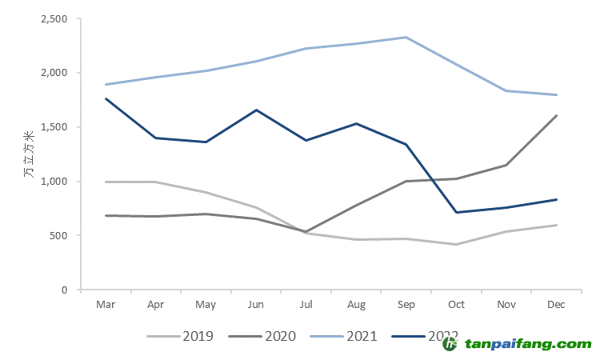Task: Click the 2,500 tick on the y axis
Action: tap(54, 18)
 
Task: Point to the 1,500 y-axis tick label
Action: tap(54, 127)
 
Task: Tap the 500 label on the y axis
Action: tap(59, 235)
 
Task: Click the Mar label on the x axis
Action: tap(106, 305)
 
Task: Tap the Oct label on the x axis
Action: tap(456, 305)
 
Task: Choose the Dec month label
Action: tap(557, 305)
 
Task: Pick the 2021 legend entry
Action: tap(345, 336)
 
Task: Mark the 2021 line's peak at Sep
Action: tap(406, 37)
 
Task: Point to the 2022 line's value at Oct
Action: tap(456, 212)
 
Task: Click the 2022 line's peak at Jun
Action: tap(255, 110)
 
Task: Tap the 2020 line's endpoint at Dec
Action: tap(557, 115)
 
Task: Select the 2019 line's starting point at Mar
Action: tap(106, 182)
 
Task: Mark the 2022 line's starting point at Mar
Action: tap(106, 98)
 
